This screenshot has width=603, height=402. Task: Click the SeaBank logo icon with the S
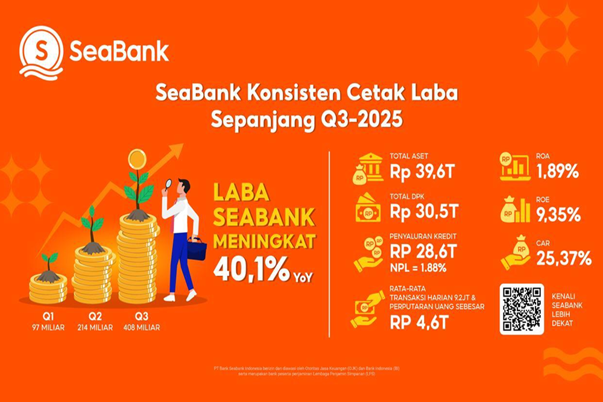(41, 52)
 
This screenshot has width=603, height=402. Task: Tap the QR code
(522, 309)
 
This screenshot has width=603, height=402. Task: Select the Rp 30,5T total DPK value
(425, 212)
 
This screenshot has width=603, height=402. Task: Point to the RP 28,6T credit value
(425, 251)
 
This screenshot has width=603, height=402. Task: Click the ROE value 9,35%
(555, 214)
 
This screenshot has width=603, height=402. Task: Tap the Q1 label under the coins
(48, 316)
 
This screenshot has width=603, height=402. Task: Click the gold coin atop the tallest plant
(137, 159)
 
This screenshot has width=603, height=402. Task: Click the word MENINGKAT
(263, 241)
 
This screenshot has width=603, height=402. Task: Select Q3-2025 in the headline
(361, 119)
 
